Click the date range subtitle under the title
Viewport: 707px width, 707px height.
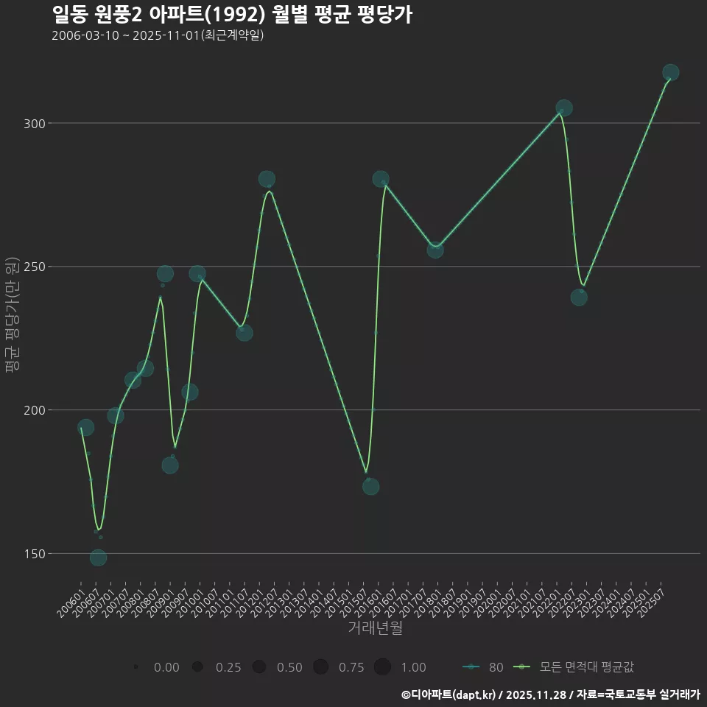coord(158,35)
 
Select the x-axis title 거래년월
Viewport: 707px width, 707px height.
coord(375,628)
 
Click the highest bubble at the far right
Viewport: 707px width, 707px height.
coord(670,72)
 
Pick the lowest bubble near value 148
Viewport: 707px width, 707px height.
coord(98,557)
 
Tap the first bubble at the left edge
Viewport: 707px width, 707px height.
coord(85,428)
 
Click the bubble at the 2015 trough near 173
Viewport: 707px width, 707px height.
coord(370,486)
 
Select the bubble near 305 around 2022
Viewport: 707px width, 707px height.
coord(564,108)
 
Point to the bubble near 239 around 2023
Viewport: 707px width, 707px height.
coord(579,298)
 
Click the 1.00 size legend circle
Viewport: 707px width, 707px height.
coord(381,667)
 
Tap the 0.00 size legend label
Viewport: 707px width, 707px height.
coord(166,667)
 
